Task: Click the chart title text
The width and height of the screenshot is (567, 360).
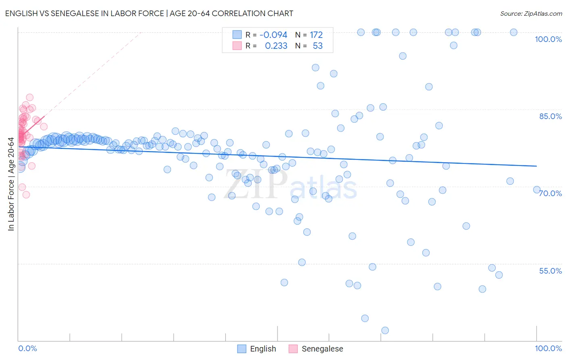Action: pyautogui.click(x=149, y=13)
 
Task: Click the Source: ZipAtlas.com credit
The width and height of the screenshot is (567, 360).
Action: pyautogui.click(x=531, y=13)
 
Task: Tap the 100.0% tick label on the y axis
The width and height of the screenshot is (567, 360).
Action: pyautogui.click(x=548, y=39)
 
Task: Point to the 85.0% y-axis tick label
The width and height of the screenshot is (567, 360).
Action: pyautogui.click(x=550, y=116)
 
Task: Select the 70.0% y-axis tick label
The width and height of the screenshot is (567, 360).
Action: pyautogui.click(x=550, y=193)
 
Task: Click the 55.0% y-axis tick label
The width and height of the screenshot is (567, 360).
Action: pyautogui.click(x=550, y=271)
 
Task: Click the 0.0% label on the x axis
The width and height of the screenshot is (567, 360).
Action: pyautogui.click(x=27, y=348)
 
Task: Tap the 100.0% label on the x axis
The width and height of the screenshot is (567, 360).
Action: pyautogui.click(x=548, y=348)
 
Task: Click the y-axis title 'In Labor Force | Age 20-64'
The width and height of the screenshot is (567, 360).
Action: pyautogui.click(x=11, y=184)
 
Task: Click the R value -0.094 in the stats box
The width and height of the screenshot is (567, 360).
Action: pyautogui.click(x=273, y=35)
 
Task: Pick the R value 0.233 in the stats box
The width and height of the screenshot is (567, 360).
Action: pyautogui.click(x=276, y=46)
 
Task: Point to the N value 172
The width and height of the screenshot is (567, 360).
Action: pyautogui.click(x=316, y=35)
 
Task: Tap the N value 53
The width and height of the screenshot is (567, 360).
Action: pyautogui.click(x=318, y=46)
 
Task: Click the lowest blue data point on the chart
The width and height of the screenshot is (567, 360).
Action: pyautogui.click(x=385, y=331)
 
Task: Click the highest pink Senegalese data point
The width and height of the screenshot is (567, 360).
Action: pyautogui.click(x=29, y=97)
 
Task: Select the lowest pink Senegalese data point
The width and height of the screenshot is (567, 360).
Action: pyautogui.click(x=26, y=195)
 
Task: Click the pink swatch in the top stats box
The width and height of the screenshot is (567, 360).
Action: pyautogui.click(x=237, y=46)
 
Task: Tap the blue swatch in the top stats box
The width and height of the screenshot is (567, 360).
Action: pyautogui.click(x=237, y=35)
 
